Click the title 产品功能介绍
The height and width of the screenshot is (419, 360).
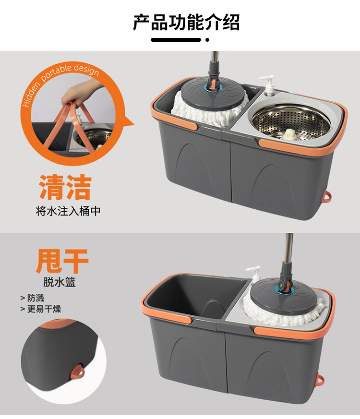186,23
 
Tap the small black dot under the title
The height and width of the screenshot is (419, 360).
207,40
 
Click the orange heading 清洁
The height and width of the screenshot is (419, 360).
65,188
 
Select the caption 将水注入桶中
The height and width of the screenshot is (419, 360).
68,211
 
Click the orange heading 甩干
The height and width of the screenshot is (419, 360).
62,261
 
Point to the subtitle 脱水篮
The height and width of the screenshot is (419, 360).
60,282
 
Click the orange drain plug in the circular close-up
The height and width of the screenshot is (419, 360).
76,372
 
